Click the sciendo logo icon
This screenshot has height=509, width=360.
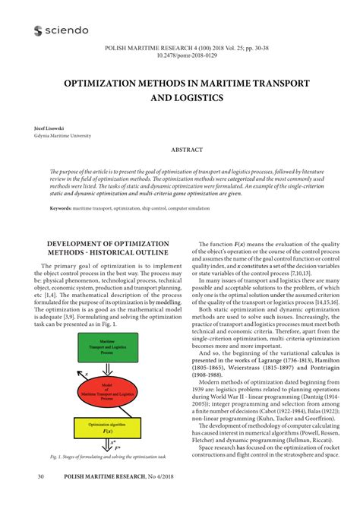click(39, 30)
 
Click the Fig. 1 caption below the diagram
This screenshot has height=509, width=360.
click(107, 457)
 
